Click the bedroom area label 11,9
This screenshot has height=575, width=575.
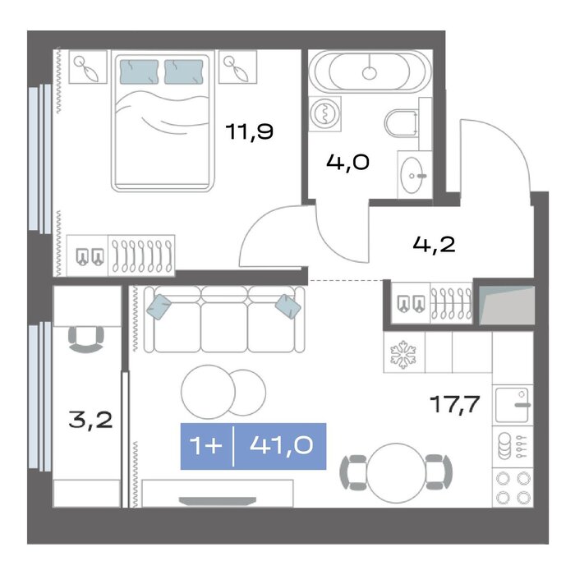coord(250,132)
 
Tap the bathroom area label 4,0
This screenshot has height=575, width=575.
coord(347,163)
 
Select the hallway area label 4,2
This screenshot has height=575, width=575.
coord(435,244)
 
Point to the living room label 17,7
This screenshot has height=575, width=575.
coord(455,404)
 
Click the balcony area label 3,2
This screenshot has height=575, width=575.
coord(90,420)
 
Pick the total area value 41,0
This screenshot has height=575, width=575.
coord(281,445)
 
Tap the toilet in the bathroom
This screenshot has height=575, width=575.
coord(402,122)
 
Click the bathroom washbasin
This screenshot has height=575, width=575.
coord(413,175)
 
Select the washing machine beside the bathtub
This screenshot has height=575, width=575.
coord(324,113)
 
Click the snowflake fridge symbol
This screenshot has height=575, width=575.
coord(403,354)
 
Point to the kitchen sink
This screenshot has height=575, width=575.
coord(512,405)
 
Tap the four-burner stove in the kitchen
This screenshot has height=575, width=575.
coord(513,487)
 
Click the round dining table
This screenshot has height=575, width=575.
coord(397,472)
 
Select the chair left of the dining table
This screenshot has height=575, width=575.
coord(353,472)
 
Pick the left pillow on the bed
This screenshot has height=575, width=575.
coord(140,72)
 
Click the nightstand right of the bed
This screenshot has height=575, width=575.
coord(237,67)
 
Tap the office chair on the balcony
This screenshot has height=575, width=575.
coord(86,339)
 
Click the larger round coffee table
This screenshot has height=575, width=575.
coord(208,392)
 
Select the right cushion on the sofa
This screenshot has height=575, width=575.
coord(288,306)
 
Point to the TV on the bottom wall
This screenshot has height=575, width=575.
coord(218,501)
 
